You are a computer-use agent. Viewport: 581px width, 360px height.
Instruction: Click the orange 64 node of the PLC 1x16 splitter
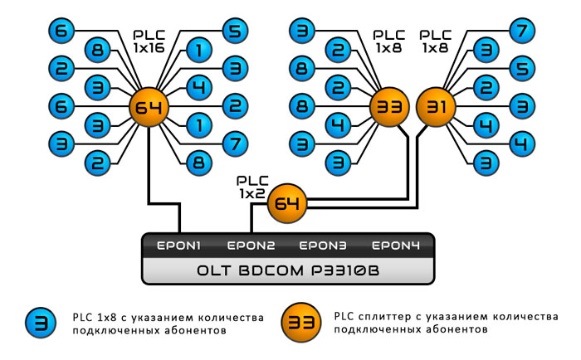coord(149,109)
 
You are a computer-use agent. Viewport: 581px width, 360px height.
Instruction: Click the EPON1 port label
coord(180,246)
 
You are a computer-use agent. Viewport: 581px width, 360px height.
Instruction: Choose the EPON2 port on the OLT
coord(251,246)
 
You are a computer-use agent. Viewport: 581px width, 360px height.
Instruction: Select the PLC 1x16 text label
coord(150,43)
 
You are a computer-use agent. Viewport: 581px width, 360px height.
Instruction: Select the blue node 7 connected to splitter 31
coord(520,32)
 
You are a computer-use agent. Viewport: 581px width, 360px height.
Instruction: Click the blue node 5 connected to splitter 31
coord(520,69)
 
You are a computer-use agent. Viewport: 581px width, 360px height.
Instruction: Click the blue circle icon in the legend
coord(39,323)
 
